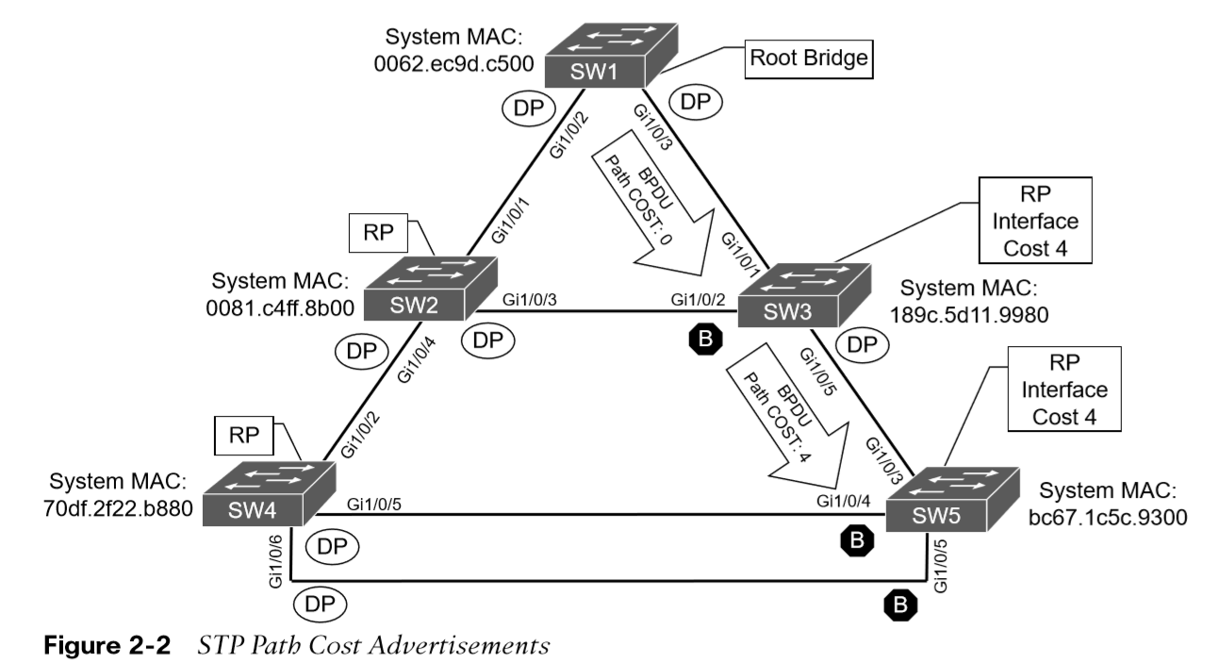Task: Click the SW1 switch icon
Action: click(x=611, y=55)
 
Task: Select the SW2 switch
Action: click(x=430, y=289)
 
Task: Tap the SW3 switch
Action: click(x=804, y=295)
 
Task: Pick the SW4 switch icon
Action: click(x=269, y=493)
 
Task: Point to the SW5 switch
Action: click(x=952, y=499)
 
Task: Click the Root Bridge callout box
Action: click(x=809, y=58)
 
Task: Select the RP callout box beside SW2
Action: click(x=378, y=233)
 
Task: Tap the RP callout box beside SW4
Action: click(x=244, y=436)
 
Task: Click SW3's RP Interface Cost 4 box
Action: click(x=1035, y=220)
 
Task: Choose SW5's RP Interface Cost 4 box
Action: click(x=1064, y=389)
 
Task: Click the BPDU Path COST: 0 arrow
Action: click(x=653, y=204)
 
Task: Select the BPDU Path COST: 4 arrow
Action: click(x=788, y=417)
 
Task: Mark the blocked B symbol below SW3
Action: click(x=706, y=339)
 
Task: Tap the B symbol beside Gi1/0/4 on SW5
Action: click(x=857, y=540)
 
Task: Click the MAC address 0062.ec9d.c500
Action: click(x=453, y=64)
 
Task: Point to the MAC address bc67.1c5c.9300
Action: click(x=1108, y=518)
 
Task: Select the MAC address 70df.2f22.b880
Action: click(x=118, y=509)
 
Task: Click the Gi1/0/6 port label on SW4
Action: click(x=275, y=562)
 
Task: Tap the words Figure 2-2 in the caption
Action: click(x=107, y=645)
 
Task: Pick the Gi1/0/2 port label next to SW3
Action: click(x=698, y=300)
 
